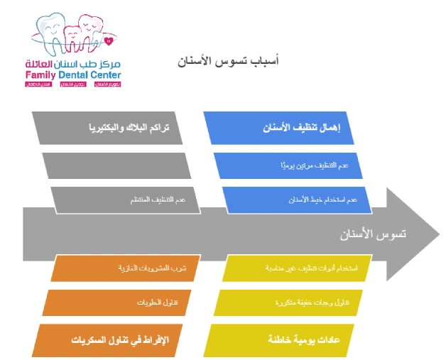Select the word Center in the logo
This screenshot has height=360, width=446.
click(107, 75)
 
